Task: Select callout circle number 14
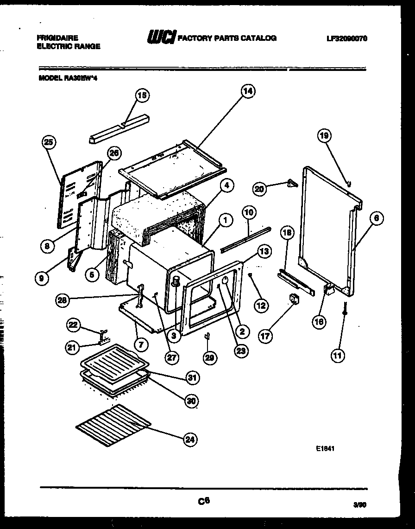pos(248,91)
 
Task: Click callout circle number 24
pos(189,440)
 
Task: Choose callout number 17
pos(264,337)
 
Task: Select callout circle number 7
pos(142,344)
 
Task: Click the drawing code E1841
pos(326,449)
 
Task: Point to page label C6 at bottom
pos(204,500)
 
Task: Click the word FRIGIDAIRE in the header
pos(57,38)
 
